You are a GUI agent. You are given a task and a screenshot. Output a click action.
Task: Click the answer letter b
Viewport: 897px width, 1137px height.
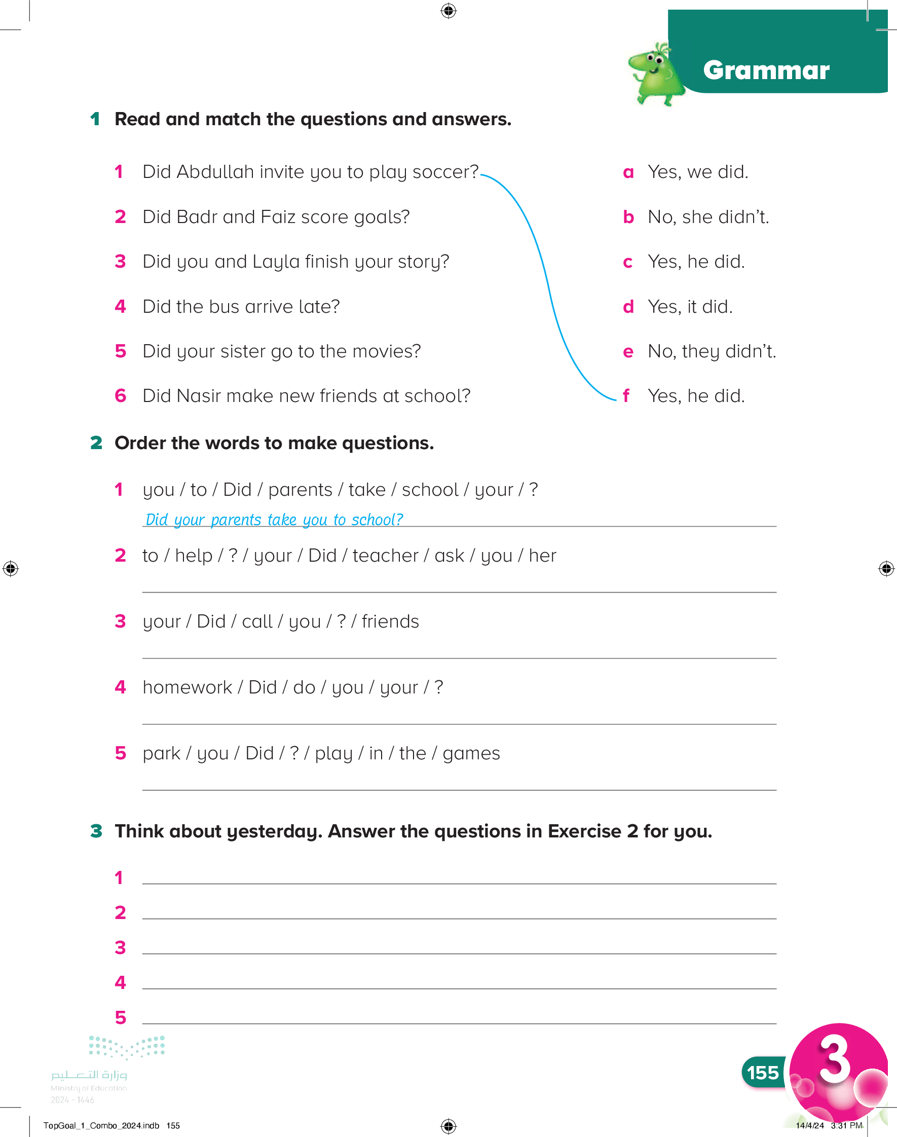click(628, 217)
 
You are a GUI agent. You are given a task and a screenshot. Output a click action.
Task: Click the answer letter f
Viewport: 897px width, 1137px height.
click(626, 396)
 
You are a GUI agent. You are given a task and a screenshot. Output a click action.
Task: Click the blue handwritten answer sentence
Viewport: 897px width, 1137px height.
click(274, 520)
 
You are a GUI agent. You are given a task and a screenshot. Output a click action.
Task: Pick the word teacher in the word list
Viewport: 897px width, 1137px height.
click(385, 556)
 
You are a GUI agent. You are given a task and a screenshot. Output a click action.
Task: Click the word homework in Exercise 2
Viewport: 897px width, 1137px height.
click(187, 687)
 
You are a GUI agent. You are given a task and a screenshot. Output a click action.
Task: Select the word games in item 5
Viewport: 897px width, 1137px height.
click(471, 754)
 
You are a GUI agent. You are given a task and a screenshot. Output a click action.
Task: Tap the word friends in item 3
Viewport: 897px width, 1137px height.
click(390, 622)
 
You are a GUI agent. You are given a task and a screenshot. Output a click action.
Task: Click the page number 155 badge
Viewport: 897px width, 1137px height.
click(763, 1073)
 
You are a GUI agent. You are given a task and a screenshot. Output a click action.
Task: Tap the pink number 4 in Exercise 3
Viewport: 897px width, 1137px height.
click(120, 982)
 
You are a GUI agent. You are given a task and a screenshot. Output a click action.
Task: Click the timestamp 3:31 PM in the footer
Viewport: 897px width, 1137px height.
click(846, 1125)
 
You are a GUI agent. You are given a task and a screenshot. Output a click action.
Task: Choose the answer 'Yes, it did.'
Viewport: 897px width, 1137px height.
click(690, 307)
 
